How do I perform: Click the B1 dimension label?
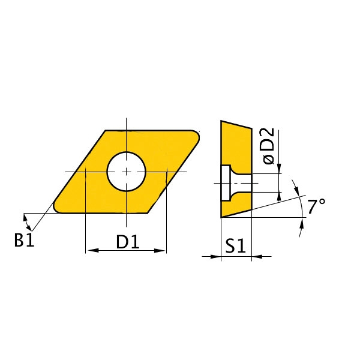25,241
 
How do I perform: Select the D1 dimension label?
127,242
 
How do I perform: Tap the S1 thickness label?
236,245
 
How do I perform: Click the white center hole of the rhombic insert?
127,171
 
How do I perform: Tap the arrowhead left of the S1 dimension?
216,257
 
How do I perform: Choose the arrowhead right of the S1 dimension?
257,257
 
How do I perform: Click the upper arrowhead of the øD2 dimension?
280,170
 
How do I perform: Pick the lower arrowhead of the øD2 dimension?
280,196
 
